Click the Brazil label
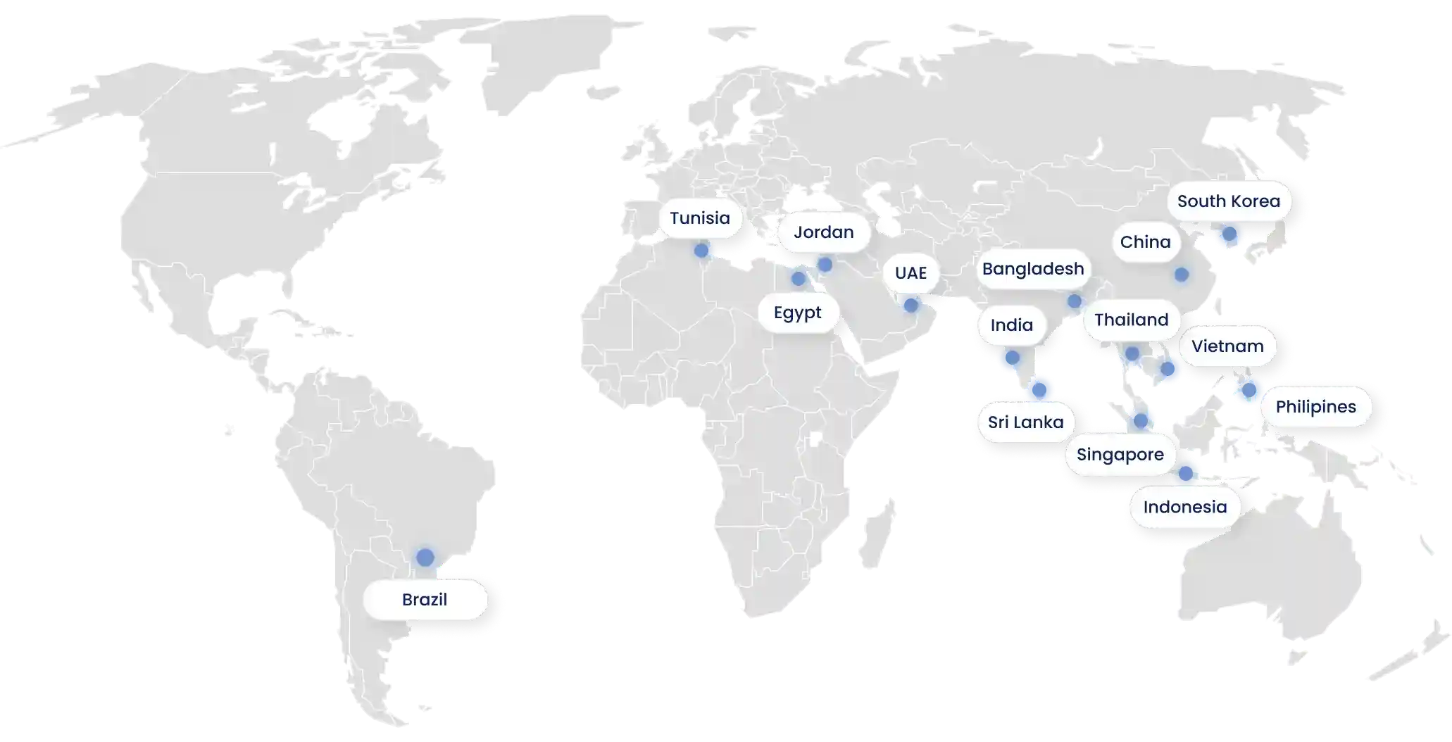point(425,600)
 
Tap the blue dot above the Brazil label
point(425,557)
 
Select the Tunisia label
point(699,218)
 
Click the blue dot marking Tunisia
point(701,251)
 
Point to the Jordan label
point(823,232)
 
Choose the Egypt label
point(797,313)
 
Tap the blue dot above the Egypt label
point(798,279)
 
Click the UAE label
point(910,273)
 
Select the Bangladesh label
point(1032,269)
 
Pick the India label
point(1011,325)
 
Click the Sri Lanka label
point(1025,422)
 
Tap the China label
point(1145,242)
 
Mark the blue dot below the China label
point(1181,275)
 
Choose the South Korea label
point(1228,201)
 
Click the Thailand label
point(1131,320)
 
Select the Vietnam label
point(1227,346)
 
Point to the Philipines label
point(1315,407)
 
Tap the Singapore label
point(1120,455)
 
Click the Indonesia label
point(1184,507)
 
